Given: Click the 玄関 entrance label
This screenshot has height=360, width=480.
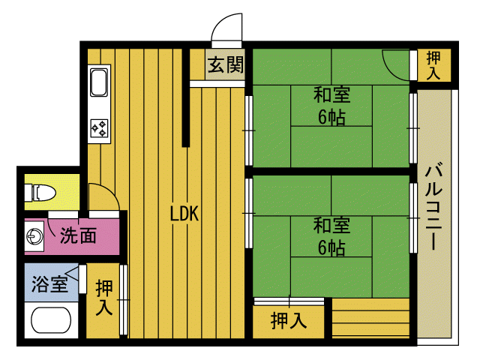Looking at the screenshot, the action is pyautogui.click(x=226, y=64).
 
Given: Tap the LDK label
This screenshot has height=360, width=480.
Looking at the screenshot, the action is pyautogui.click(x=184, y=213).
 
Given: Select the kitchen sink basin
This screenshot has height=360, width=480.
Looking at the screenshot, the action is pyautogui.click(x=99, y=82).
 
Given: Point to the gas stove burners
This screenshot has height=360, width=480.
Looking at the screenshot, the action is pyautogui.click(x=100, y=128).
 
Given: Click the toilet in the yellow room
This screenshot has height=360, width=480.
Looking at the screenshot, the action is pyautogui.click(x=40, y=193).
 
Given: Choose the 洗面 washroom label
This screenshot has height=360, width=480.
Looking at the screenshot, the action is pyautogui.click(x=78, y=235).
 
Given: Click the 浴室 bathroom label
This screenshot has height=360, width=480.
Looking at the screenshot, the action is pyautogui.click(x=49, y=283).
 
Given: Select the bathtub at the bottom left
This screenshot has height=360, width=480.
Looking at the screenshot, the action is pyautogui.click(x=51, y=320).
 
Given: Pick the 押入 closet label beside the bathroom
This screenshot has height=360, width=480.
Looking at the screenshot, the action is pyautogui.click(x=104, y=297).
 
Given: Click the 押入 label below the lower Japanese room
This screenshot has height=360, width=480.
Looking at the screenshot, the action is pyautogui.click(x=289, y=320).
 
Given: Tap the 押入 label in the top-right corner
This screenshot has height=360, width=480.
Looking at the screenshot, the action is pyautogui.click(x=433, y=65).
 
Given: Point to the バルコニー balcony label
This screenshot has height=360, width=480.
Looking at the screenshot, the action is pyautogui.click(x=434, y=207).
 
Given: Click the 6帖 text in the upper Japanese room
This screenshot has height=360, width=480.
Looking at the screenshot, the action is pyautogui.click(x=331, y=117).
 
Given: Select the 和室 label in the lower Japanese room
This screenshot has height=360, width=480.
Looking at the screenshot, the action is pyautogui.click(x=331, y=225).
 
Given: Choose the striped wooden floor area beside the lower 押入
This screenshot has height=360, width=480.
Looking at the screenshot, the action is pyautogui.click(x=370, y=318).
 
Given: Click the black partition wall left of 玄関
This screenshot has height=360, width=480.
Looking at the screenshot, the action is pyautogui.click(x=185, y=97).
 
